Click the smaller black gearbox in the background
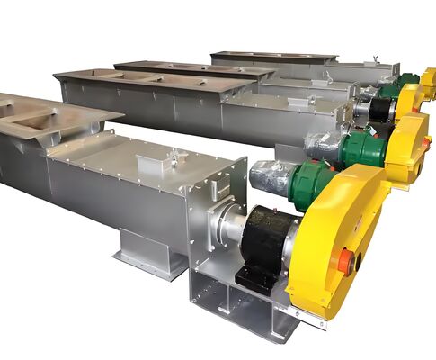(381, 110)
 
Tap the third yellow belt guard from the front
(410, 98)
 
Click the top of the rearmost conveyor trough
(270, 57)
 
